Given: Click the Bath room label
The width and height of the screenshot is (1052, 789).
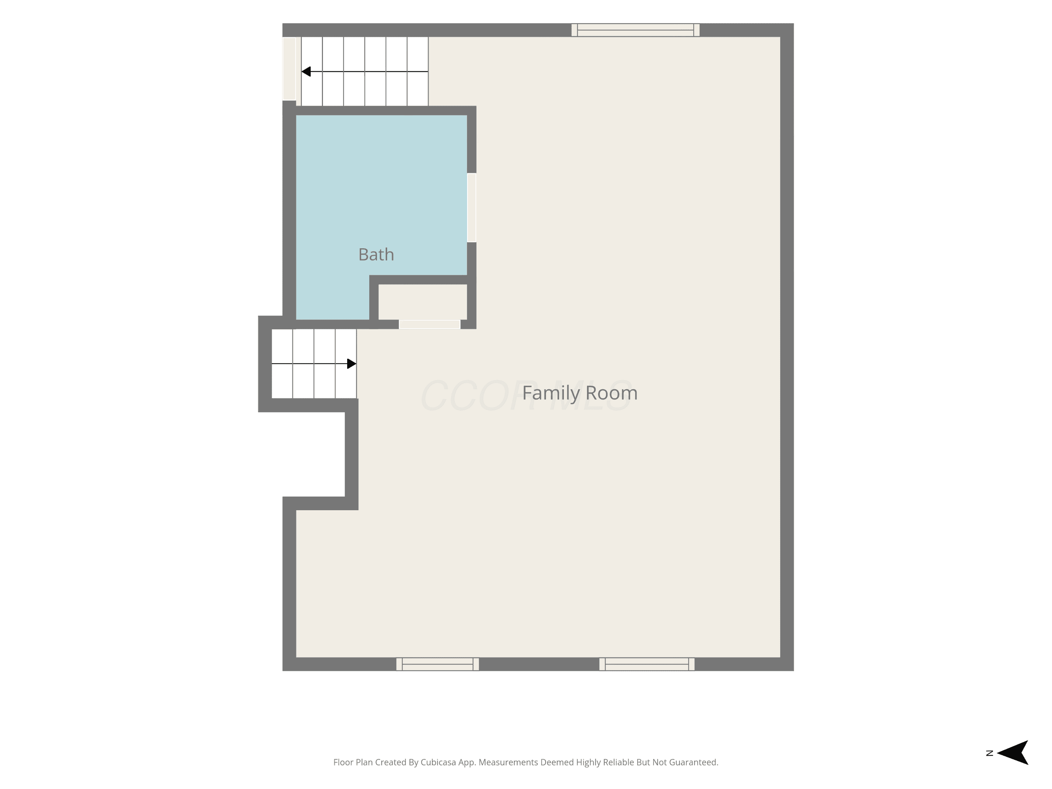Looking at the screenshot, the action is coord(376,255).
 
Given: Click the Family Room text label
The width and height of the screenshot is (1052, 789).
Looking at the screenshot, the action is coord(580,393).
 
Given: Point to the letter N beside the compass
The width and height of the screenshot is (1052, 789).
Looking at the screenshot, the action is coord(990,753).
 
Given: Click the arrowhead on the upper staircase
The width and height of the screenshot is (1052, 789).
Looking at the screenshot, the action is coord(306,71).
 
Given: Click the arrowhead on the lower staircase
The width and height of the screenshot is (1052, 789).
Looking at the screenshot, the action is coord(352,364).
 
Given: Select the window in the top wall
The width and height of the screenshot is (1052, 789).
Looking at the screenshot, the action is coord(635,30).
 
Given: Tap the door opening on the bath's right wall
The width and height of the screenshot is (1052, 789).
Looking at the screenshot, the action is coord(472,208).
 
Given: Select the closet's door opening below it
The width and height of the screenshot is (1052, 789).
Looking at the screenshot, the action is coord(430,324).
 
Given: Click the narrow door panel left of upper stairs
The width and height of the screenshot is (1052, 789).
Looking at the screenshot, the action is coord(289,69).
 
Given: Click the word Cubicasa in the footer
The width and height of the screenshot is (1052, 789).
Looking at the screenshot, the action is coord(438,762).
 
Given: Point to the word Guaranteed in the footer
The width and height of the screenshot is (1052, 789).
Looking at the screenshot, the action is coord(694,762).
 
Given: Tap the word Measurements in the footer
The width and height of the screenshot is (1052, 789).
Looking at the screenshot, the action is coord(508,762).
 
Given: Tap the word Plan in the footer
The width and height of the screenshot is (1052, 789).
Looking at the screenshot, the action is coord(364,762).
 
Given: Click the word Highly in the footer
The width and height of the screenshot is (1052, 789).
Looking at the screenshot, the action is coord(588,763).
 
